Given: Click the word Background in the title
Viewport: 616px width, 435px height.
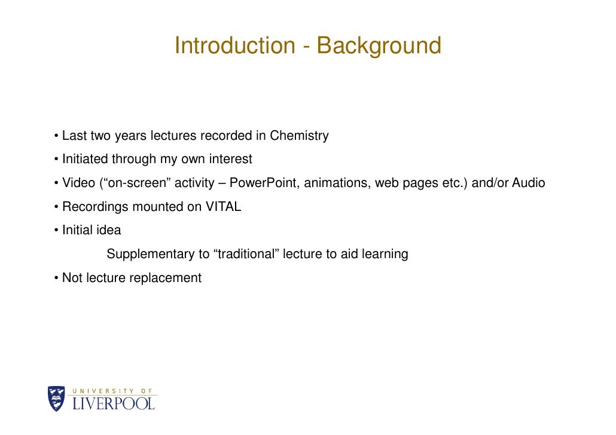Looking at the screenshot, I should (x=379, y=45).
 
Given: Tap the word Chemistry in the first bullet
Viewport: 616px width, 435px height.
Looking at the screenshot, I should (x=299, y=136).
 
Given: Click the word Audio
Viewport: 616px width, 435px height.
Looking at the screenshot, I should (x=528, y=183).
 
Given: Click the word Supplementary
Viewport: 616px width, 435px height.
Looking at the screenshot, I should (x=150, y=255).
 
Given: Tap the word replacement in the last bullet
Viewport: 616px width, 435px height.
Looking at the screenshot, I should (x=166, y=278).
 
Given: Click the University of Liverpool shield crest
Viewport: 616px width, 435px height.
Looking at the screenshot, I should (x=56, y=399).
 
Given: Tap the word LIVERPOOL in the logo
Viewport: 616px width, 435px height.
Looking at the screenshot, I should (x=114, y=403).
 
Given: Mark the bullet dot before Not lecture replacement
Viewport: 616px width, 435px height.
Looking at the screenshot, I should (x=56, y=278).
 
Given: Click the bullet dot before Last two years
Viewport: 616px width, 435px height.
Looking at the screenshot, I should (x=56, y=136).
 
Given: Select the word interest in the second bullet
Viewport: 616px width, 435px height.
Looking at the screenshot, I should (x=231, y=160).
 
